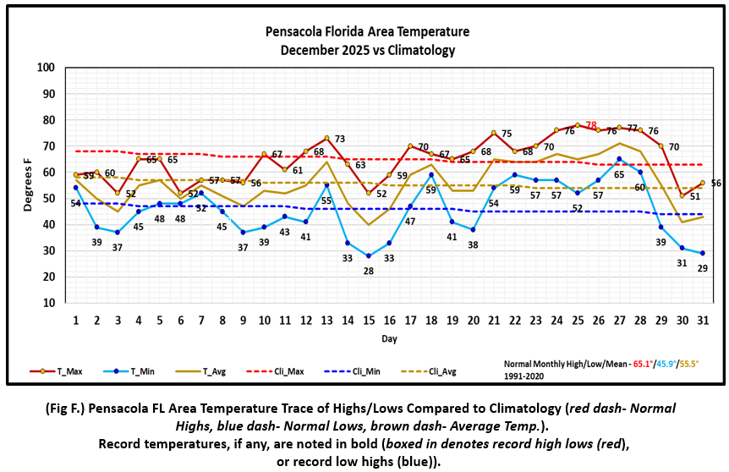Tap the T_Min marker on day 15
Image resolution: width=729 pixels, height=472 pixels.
click(x=368, y=255)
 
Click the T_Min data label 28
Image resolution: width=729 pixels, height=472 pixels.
click(x=368, y=271)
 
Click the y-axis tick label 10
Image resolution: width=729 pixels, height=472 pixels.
click(x=48, y=303)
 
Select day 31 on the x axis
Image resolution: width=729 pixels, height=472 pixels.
click(x=702, y=320)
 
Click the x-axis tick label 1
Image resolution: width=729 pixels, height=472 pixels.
click(x=76, y=320)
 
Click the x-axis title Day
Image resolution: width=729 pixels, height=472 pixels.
click(x=388, y=338)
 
